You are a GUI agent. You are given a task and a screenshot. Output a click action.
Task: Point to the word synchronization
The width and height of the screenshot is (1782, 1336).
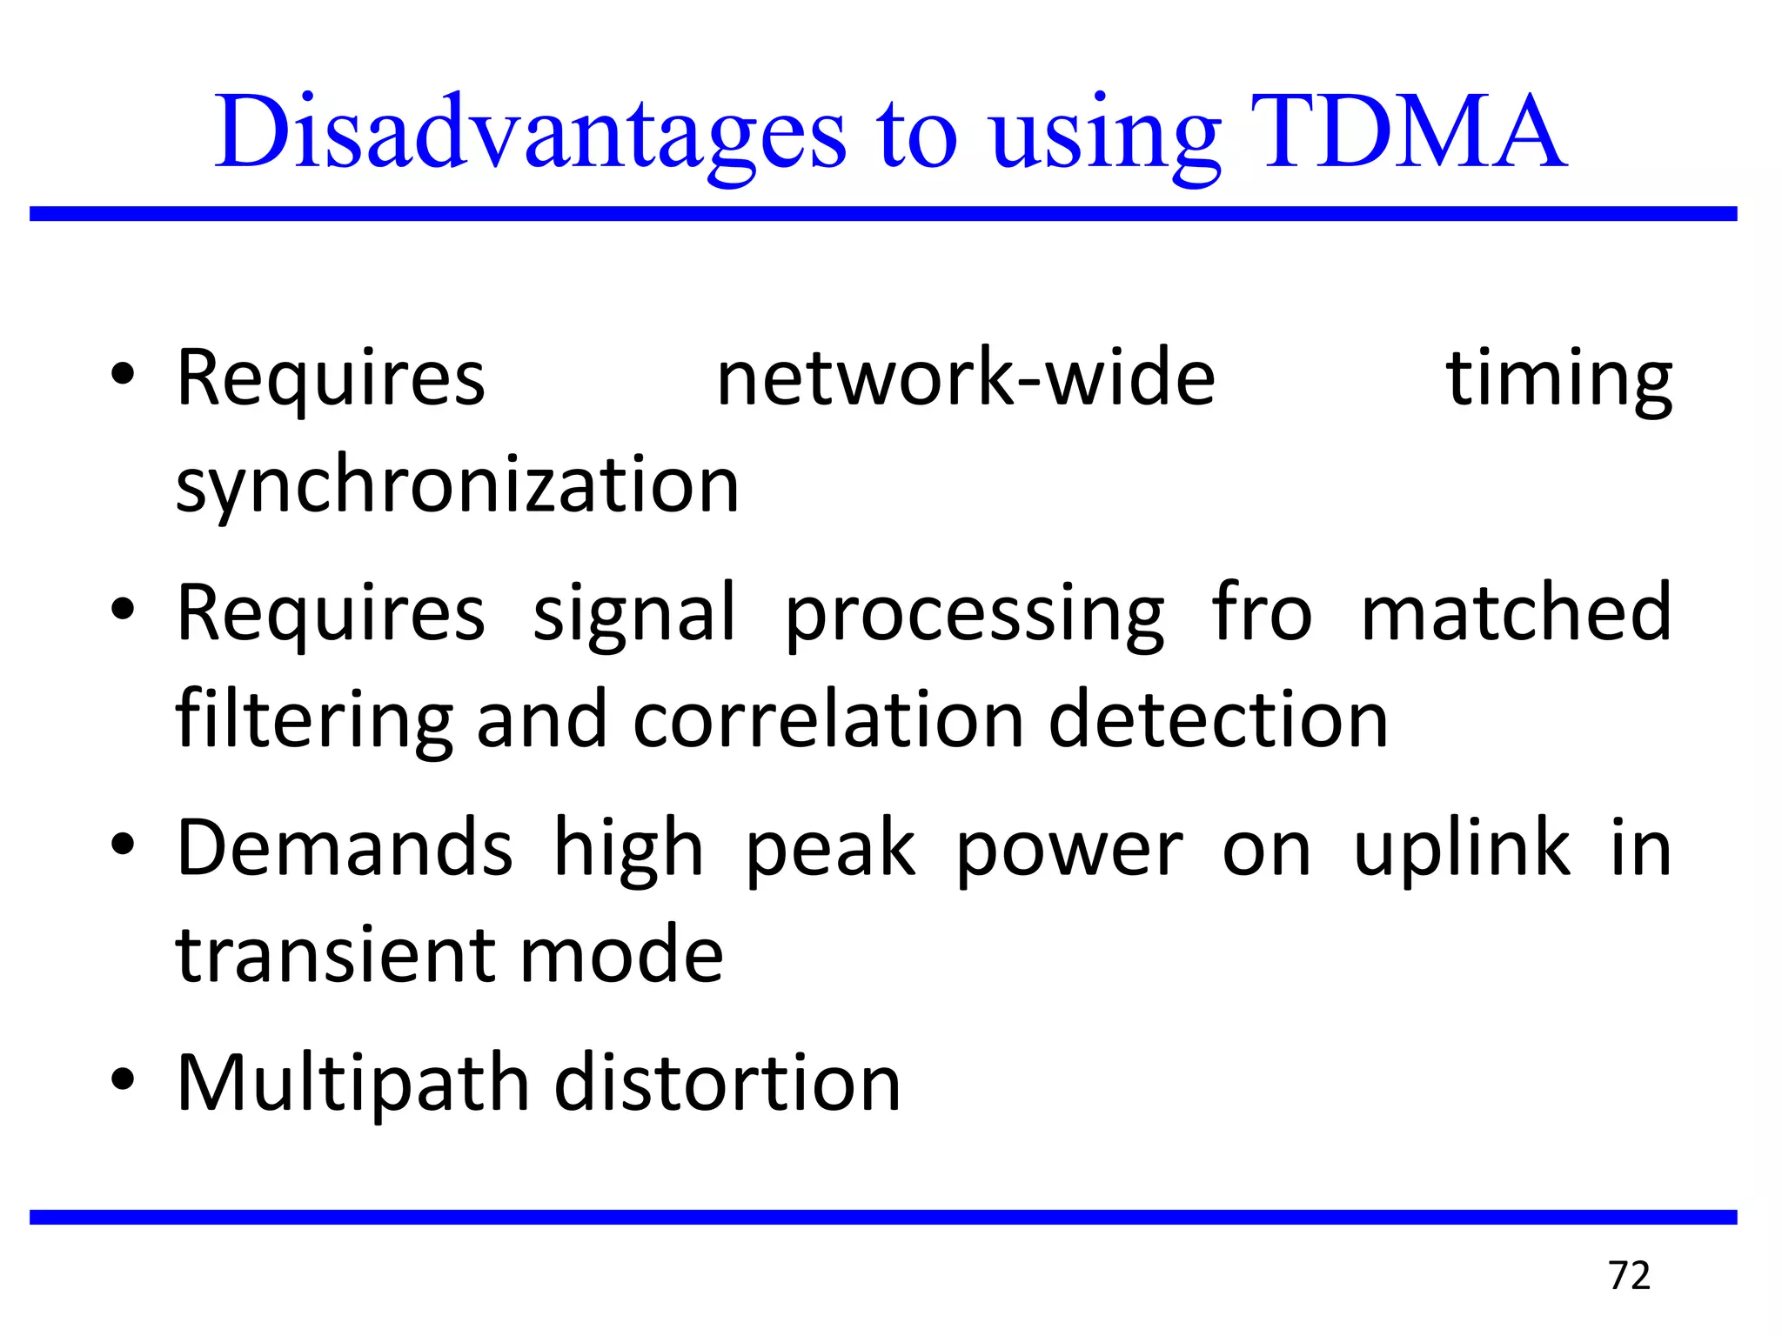[457, 485]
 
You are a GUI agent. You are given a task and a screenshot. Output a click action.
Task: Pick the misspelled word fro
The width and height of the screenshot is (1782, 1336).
[1262, 613]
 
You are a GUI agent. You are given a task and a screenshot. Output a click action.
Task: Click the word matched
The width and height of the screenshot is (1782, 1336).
[1516, 613]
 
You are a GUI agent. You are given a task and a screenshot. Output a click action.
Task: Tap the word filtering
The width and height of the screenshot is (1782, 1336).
[314, 720]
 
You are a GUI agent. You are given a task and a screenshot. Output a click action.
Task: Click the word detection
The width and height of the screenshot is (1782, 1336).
[1218, 720]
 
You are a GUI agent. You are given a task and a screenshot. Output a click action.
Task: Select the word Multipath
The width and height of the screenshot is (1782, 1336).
[352, 1083]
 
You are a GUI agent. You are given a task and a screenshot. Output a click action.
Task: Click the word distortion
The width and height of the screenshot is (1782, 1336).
[727, 1083]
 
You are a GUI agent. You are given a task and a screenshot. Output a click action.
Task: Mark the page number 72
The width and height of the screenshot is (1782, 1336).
[1630, 1276]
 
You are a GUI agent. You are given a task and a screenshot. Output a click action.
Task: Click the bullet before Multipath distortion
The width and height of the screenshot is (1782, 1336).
[123, 1079]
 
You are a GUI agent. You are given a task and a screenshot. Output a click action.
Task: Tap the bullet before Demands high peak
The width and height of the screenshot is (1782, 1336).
[123, 845]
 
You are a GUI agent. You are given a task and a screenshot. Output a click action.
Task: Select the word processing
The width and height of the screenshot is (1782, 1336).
[975, 613]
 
